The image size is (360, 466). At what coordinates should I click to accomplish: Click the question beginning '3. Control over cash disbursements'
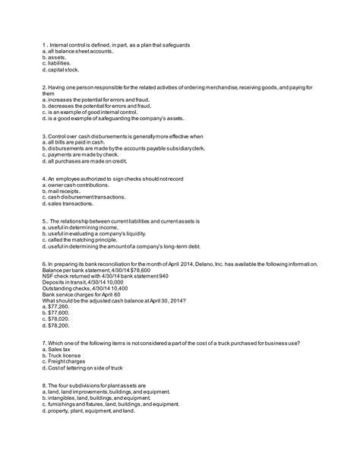coord(124,136)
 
